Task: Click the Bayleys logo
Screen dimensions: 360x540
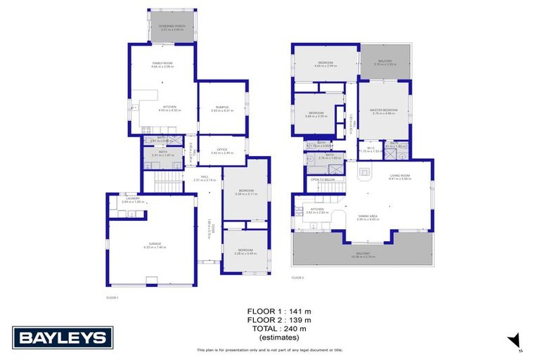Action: (x=63, y=337)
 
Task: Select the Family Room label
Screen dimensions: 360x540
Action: (x=162, y=63)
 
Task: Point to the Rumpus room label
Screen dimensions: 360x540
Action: (x=222, y=107)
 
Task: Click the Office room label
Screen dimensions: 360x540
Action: (x=222, y=149)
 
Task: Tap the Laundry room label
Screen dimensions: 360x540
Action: (x=133, y=199)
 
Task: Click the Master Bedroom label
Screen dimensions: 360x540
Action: (x=385, y=110)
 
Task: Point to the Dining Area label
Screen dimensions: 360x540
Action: (x=368, y=217)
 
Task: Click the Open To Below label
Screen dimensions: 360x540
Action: (x=323, y=180)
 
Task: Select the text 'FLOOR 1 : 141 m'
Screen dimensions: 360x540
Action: (x=276, y=311)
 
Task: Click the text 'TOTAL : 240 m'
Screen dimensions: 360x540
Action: (x=276, y=328)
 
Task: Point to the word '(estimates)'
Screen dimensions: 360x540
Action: (x=276, y=337)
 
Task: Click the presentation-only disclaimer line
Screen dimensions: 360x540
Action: (x=270, y=349)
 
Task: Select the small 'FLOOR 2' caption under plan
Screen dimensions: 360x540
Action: (x=297, y=278)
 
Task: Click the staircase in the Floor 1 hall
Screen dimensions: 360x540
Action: (x=167, y=186)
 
